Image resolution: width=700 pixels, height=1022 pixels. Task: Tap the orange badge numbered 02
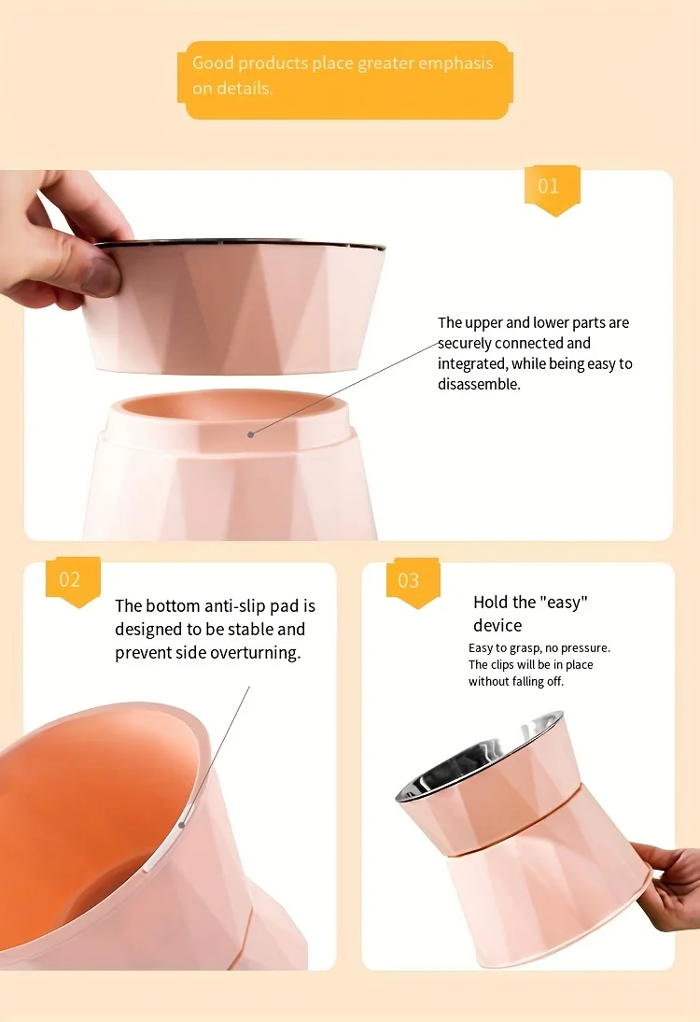pyautogui.click(x=72, y=581)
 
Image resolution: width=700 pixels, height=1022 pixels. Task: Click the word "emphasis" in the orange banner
pyautogui.click(x=455, y=64)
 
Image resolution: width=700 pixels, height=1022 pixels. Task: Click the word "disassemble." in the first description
pyautogui.click(x=479, y=385)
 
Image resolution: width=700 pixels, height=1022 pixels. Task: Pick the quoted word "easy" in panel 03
pyautogui.click(x=564, y=602)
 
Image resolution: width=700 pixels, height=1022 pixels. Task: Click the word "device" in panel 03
pyautogui.click(x=497, y=626)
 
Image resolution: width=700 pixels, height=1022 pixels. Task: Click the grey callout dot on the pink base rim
pyautogui.click(x=251, y=434)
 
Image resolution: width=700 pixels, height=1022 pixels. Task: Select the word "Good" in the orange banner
pyautogui.click(x=212, y=64)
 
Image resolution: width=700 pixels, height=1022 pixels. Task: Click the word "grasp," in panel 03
pyautogui.click(x=525, y=648)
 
